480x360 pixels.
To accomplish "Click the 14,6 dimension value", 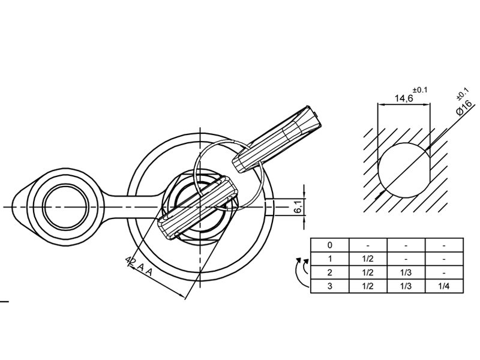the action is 404,98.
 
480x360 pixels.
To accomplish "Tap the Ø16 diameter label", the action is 464,107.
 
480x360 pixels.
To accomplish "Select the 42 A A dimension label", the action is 139,266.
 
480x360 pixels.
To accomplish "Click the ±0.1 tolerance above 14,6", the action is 419,90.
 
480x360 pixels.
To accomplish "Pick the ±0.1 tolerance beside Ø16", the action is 463,94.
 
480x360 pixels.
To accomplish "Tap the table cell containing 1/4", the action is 443,286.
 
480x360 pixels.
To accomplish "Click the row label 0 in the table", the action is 329,245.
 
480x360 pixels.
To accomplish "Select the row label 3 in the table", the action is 329,286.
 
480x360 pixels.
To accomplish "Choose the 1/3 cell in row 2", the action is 406,272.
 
